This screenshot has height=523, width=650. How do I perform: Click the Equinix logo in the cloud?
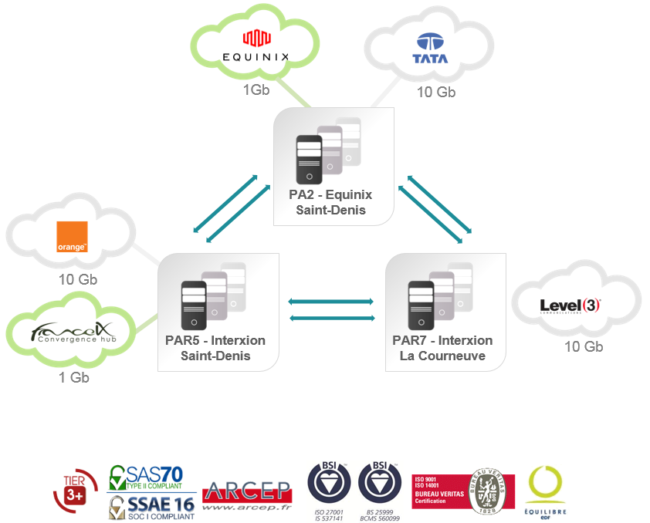(x=255, y=46)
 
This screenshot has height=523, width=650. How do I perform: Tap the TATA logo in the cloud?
(x=431, y=49)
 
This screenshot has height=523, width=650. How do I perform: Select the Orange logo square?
(x=73, y=238)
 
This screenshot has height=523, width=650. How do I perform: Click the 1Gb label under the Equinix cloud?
(x=256, y=89)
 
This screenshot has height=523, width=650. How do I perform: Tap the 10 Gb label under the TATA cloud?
(x=436, y=92)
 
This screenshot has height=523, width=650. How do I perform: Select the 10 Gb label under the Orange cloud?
(x=78, y=278)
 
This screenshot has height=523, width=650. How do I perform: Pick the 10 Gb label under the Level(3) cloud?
(x=583, y=346)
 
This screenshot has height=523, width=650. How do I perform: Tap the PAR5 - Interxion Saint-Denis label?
(x=215, y=348)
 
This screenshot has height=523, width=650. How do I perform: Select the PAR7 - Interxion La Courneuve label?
(x=442, y=348)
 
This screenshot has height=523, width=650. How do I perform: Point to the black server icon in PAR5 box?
(x=194, y=307)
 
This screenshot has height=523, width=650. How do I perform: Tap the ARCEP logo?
(x=247, y=494)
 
